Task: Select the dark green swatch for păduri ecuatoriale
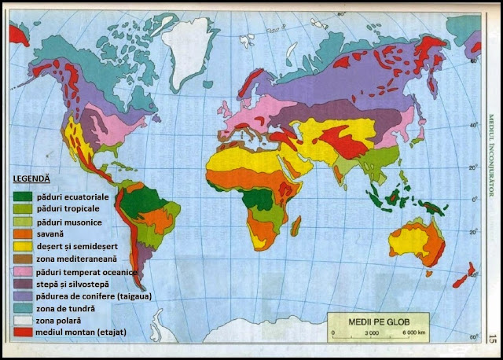click(x=23, y=196)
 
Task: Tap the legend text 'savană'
click(x=50, y=233)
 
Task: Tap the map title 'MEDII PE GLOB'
click(x=377, y=319)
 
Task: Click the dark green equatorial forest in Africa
click(x=256, y=198)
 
